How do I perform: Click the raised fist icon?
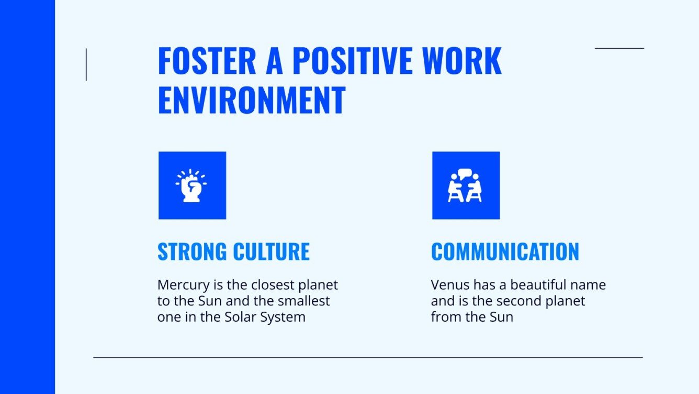coord(191,185)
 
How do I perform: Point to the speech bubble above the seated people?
coord(465,173)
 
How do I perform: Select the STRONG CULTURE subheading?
coord(233,251)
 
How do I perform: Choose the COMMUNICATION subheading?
coord(505,251)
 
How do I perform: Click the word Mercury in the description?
coord(181,286)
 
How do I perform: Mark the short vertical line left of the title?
coord(86,64)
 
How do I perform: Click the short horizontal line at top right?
coord(619,48)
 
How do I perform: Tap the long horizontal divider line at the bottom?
coord(368,357)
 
